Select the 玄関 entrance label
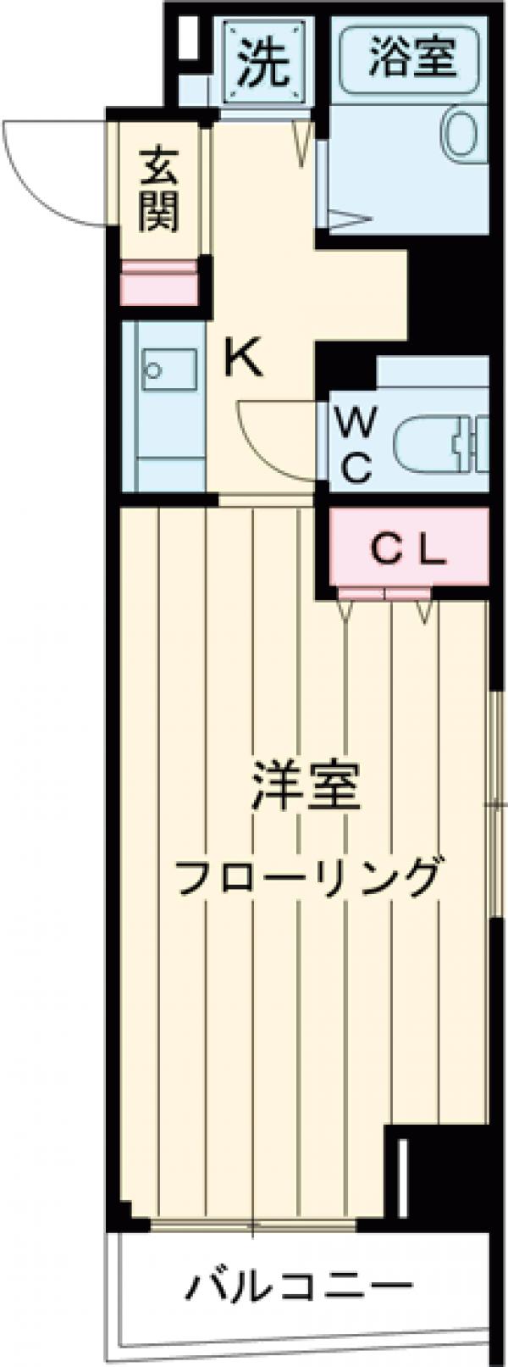(159, 189)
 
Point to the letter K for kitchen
(244, 360)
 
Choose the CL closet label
(409, 551)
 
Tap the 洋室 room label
(306, 787)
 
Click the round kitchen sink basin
(154, 370)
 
